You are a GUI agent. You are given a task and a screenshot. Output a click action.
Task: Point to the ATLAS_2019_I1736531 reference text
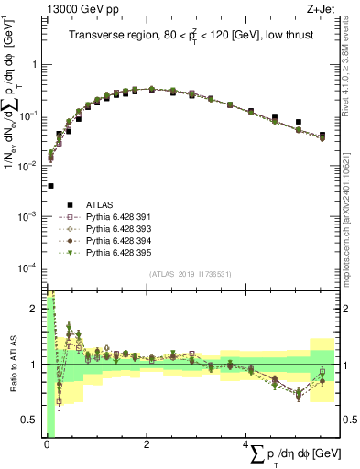pos(189,274)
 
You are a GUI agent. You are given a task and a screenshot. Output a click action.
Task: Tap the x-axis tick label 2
pos(147,442)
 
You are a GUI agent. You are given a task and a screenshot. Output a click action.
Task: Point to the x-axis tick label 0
pos(46,442)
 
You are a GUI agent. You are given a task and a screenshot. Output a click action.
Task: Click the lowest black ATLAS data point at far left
pos(49,186)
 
